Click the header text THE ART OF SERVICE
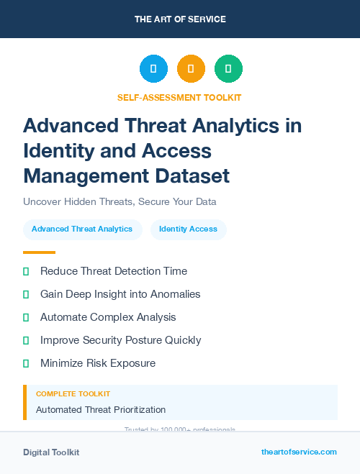(180, 19)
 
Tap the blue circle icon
(153, 68)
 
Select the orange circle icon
(191, 68)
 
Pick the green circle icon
(228, 68)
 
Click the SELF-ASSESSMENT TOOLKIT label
(180, 97)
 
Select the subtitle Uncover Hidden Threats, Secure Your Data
(120, 201)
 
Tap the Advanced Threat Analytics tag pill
(82, 229)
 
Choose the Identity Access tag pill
(188, 229)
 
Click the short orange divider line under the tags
(39, 252)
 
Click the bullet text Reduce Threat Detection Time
(114, 271)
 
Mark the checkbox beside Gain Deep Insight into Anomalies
(26, 294)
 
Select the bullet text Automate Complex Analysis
(108, 317)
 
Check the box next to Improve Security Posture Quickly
(26, 340)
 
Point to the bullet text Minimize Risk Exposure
(98, 363)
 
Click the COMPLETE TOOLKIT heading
(73, 394)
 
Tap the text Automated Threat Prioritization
(101, 409)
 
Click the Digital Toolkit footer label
(51, 452)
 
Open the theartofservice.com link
(299, 452)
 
